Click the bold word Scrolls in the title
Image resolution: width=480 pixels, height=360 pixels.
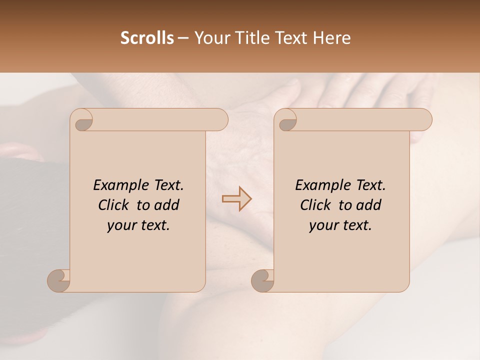[147, 38]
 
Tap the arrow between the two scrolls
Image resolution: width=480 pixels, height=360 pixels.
[237, 199]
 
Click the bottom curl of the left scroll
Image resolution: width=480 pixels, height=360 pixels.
[59, 280]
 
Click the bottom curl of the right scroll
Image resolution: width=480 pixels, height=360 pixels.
[263, 280]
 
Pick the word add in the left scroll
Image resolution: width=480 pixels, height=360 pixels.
[167, 205]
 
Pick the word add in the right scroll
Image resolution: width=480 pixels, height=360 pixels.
[369, 205]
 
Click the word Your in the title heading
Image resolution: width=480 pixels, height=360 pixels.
[210, 38]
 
